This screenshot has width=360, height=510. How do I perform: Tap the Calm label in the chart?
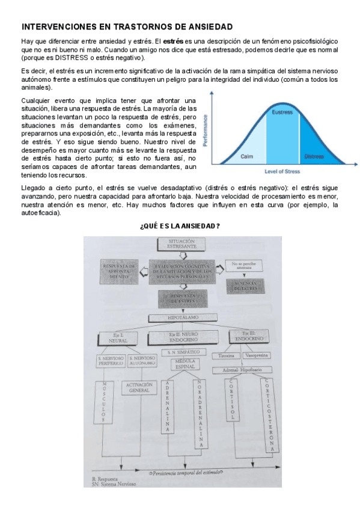246,156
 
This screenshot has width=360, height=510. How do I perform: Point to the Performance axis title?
206,131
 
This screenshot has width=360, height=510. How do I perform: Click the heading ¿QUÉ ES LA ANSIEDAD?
179,226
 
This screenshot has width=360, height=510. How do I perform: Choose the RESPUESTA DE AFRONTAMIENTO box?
119,271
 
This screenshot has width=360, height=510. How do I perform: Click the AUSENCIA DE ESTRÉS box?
245,284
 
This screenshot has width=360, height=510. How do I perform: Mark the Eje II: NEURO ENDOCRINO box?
183,336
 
